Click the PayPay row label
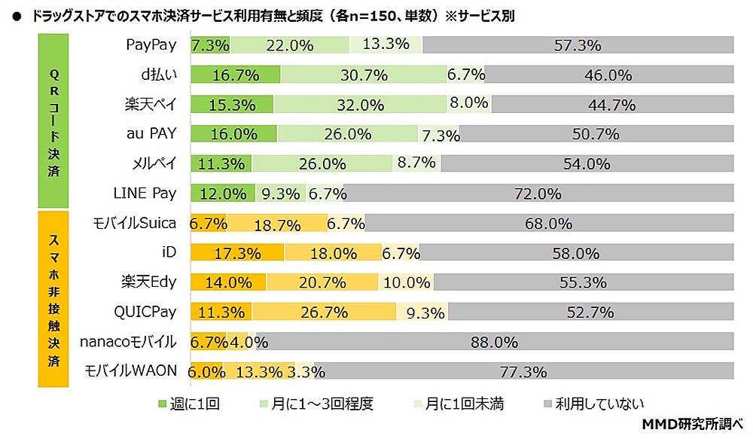pos(151,44)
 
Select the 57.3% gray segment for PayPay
pos(578,45)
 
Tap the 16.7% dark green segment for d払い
pos(235,75)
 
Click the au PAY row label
pos(151,133)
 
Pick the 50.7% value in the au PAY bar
pos(596,134)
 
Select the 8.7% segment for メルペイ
pos(416,163)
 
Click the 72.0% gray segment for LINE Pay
pos(538,194)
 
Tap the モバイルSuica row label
pos(135,222)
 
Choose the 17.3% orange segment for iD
pos(237,253)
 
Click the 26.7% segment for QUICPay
pos(324,312)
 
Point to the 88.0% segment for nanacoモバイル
pos(494,342)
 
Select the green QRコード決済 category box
pos(53,120)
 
